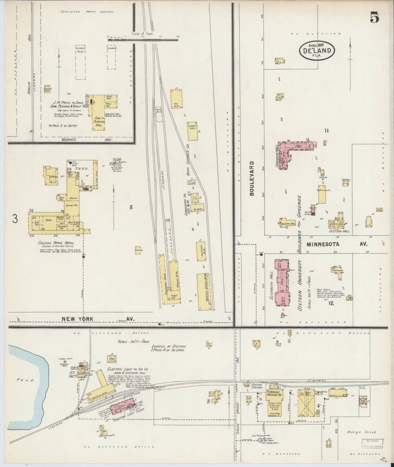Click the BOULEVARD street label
click(x=251, y=178)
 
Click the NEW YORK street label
click(x=77, y=319)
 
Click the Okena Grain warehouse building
click(x=204, y=292)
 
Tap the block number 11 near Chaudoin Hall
click(x=326, y=131)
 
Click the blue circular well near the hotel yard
click(x=117, y=162)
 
